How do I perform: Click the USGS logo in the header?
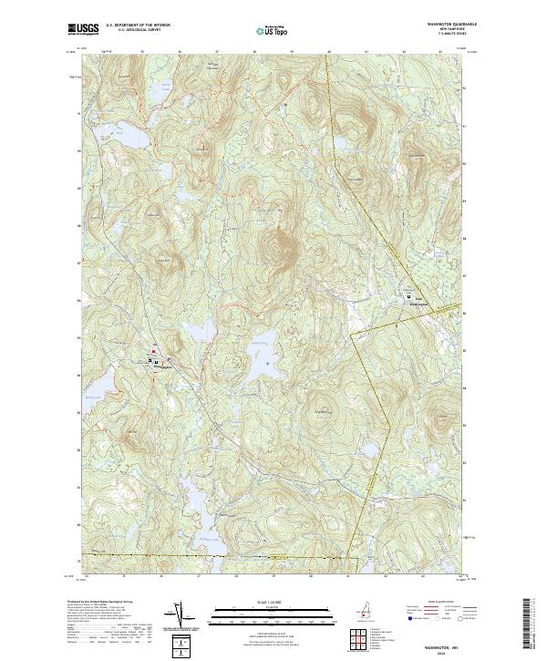pyautogui.click(x=84, y=29)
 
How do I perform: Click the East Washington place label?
pyautogui.click(x=418, y=301)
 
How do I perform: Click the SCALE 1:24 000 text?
pyautogui.click(x=273, y=600)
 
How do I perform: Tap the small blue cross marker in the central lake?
pyautogui.click(x=267, y=363)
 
